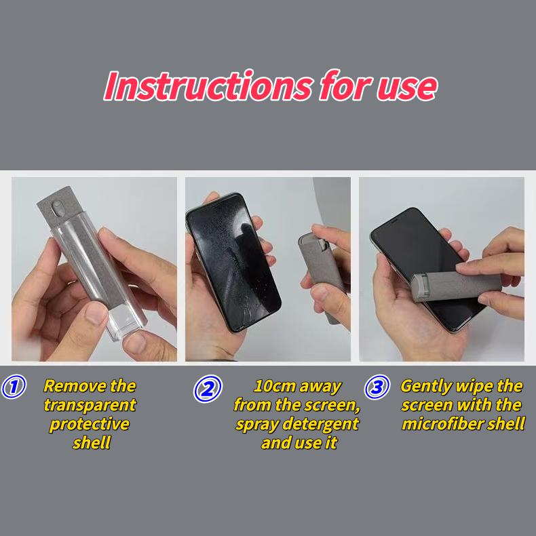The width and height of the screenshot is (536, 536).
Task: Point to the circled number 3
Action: point(377,388)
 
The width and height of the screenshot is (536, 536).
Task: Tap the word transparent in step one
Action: point(90,406)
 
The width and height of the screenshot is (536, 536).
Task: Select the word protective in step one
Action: point(90,425)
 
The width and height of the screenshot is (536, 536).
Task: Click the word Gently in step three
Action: point(426,387)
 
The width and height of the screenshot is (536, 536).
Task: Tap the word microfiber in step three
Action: point(442,425)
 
